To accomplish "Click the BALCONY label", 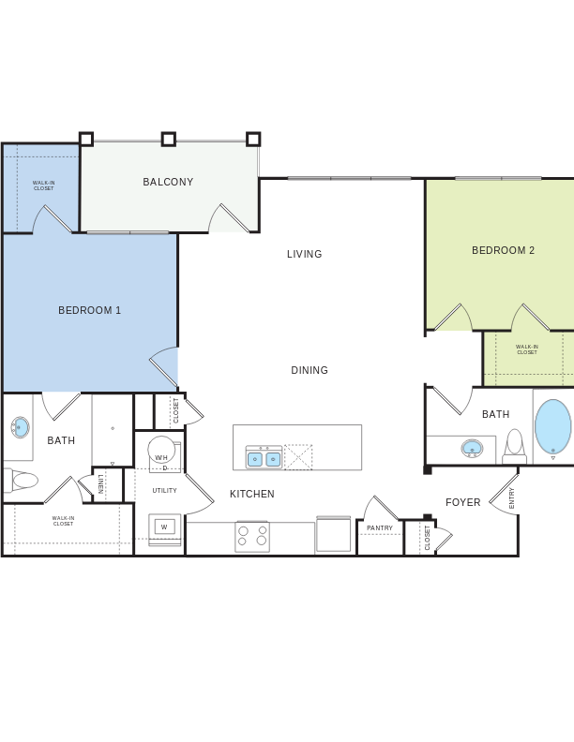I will point(168,182).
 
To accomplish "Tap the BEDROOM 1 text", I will point(90,310).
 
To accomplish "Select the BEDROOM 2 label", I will point(503,250).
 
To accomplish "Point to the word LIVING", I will point(305,254).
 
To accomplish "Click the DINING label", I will point(310,370).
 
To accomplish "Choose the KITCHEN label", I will point(252,494).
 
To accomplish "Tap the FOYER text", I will point(462,502).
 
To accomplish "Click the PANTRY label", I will point(380,528).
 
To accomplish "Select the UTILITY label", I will point(164,490).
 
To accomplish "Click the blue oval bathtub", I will point(552,427).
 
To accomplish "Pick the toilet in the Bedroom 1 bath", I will point(21,481).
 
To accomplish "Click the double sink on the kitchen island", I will point(264,459).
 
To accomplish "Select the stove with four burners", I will point(252,536).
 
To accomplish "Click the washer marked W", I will point(164,527).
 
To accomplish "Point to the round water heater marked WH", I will point(161,451).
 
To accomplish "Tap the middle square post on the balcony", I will point(169,140).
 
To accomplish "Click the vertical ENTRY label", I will point(512,497).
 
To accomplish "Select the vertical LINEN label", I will point(101,483).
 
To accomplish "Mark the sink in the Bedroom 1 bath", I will point(20,428).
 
